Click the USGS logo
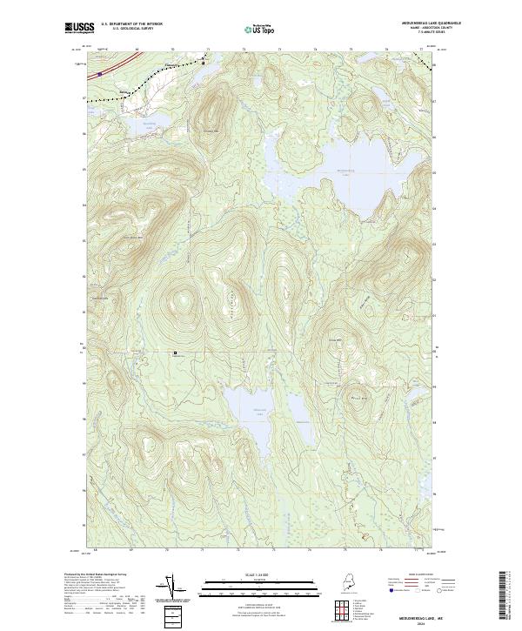(79, 28)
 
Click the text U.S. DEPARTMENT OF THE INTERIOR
(131, 24)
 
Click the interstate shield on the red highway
(100, 74)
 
